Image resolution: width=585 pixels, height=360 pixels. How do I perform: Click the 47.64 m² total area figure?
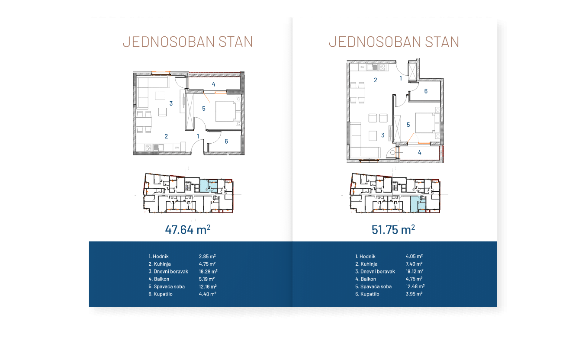tap(187, 229)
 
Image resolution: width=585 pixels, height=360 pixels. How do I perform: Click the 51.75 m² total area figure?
tap(393, 229)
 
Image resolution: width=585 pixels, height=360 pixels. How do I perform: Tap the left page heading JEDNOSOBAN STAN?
tap(187, 42)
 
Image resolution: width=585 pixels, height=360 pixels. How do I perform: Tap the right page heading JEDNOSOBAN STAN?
tap(394, 42)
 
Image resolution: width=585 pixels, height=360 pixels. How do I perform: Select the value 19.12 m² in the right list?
tap(415, 272)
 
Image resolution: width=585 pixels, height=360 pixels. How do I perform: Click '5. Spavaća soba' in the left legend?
tap(167, 286)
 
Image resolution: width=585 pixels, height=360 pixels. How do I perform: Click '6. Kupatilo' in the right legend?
tap(367, 294)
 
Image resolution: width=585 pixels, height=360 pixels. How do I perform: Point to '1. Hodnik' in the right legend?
tap(365, 257)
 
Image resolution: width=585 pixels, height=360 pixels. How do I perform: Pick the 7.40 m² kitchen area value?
tap(414, 264)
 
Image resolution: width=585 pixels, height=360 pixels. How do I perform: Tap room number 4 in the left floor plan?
tap(213, 84)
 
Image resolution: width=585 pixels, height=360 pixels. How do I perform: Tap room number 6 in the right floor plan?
tap(426, 91)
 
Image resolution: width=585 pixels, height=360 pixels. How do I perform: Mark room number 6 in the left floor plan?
tap(226, 141)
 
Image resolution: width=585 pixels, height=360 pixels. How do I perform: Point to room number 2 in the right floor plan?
tap(375, 80)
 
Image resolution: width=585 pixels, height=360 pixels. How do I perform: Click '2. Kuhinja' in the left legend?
tap(160, 264)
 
